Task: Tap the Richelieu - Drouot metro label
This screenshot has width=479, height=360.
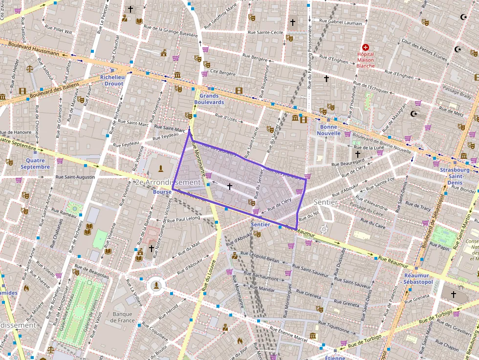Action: click(x=112, y=80)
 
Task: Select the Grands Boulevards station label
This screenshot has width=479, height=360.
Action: click(x=209, y=99)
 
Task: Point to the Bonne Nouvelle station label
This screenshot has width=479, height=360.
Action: click(x=328, y=129)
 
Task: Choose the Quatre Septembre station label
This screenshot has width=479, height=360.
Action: click(x=35, y=164)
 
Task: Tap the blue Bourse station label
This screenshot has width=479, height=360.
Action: click(x=162, y=192)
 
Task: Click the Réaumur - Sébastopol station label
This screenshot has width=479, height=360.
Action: click(x=416, y=279)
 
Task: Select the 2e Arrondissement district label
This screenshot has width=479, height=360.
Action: click(x=167, y=182)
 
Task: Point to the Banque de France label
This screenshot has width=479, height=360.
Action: click(x=123, y=317)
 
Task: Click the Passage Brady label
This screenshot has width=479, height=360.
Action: click(x=457, y=91)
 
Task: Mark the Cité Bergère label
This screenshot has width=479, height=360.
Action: click(x=222, y=72)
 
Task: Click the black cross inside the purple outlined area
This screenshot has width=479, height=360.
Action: click(x=230, y=186)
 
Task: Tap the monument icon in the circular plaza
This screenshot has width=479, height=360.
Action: click(x=156, y=284)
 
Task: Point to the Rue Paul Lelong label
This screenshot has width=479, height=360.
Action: click(x=184, y=219)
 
